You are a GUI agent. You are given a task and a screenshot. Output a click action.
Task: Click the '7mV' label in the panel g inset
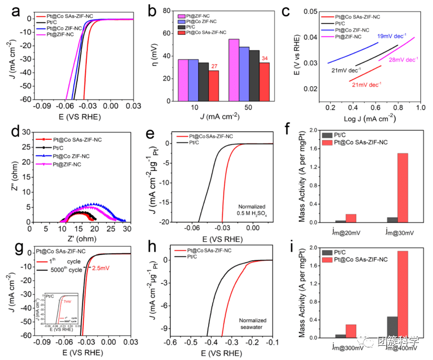pos(67,302)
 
